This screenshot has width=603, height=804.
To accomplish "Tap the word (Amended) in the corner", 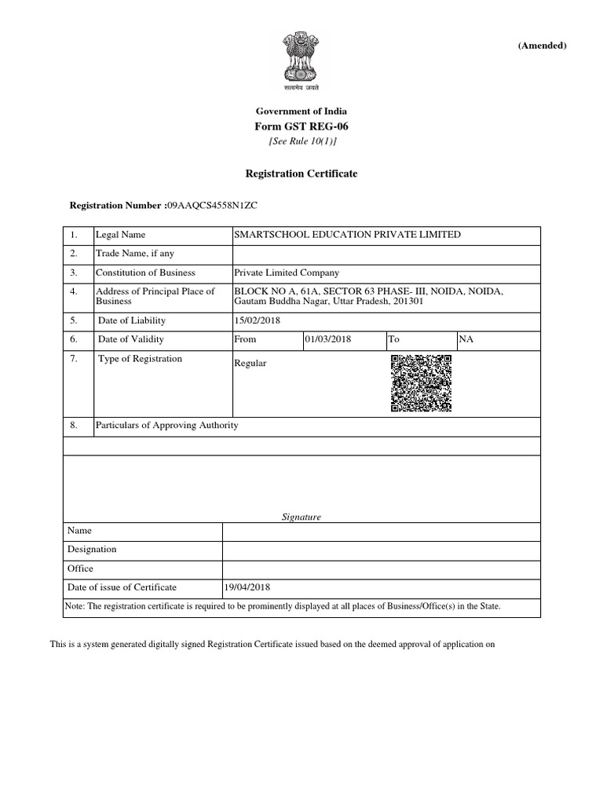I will click(541, 46).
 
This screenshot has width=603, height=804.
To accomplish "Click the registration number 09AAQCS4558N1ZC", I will click(211, 205).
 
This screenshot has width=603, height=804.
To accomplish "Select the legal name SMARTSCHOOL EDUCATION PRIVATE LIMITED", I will click(348, 235).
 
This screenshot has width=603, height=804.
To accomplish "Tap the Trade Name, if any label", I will click(134, 254).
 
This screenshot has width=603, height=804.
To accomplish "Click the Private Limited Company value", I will click(287, 272).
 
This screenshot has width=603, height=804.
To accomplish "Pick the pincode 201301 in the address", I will click(406, 301).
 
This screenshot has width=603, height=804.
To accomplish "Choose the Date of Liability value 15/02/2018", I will click(257, 320).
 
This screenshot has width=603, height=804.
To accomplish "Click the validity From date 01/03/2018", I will click(327, 339).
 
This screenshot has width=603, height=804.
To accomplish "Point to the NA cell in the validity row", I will click(466, 339).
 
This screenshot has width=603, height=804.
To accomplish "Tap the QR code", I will click(421, 384).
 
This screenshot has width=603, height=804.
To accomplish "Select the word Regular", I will click(250, 364).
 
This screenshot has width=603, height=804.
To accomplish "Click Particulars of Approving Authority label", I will click(166, 426).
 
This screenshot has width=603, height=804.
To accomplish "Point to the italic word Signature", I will click(301, 517).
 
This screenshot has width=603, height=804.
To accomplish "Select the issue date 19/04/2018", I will click(248, 587).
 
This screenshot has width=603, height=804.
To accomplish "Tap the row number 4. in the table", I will click(74, 291).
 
